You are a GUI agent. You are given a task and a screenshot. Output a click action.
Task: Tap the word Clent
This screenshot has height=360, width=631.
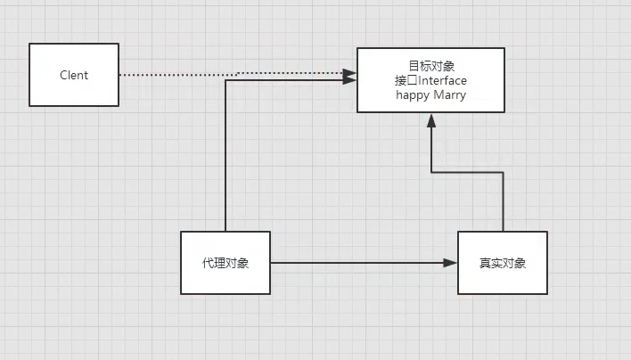[74, 76]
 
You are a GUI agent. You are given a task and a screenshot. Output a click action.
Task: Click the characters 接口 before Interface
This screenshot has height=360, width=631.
[406, 79]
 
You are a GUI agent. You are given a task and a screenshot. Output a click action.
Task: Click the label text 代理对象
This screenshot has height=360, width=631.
[225, 264]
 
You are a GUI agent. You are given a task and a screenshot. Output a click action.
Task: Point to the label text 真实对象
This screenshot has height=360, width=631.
[503, 264]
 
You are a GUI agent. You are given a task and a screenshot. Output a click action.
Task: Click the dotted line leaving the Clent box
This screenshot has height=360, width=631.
[178, 75]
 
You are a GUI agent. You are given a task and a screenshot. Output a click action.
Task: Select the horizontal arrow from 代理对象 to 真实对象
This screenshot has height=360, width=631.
[356, 263]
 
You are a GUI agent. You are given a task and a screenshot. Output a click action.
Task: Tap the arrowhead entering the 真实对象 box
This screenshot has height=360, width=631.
[451, 263]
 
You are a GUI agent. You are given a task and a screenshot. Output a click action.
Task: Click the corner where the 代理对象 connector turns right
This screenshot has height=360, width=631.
[225, 81]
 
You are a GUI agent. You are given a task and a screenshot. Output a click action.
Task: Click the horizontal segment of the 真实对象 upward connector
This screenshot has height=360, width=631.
[467, 172]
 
